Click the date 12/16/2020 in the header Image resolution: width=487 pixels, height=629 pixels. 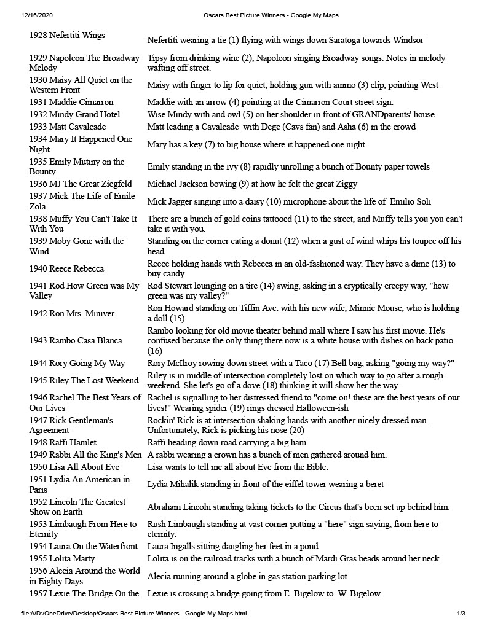[x=36, y=15]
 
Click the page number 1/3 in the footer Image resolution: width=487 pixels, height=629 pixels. [x=461, y=613]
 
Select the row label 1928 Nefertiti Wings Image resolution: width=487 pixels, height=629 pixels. [x=67, y=36]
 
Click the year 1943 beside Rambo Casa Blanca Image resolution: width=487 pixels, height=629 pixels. [x=39, y=340]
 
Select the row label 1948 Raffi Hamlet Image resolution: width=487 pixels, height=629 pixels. [x=63, y=442]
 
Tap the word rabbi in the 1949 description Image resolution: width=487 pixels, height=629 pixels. [x=165, y=455]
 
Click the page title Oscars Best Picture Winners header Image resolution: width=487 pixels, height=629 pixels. [x=271, y=15]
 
